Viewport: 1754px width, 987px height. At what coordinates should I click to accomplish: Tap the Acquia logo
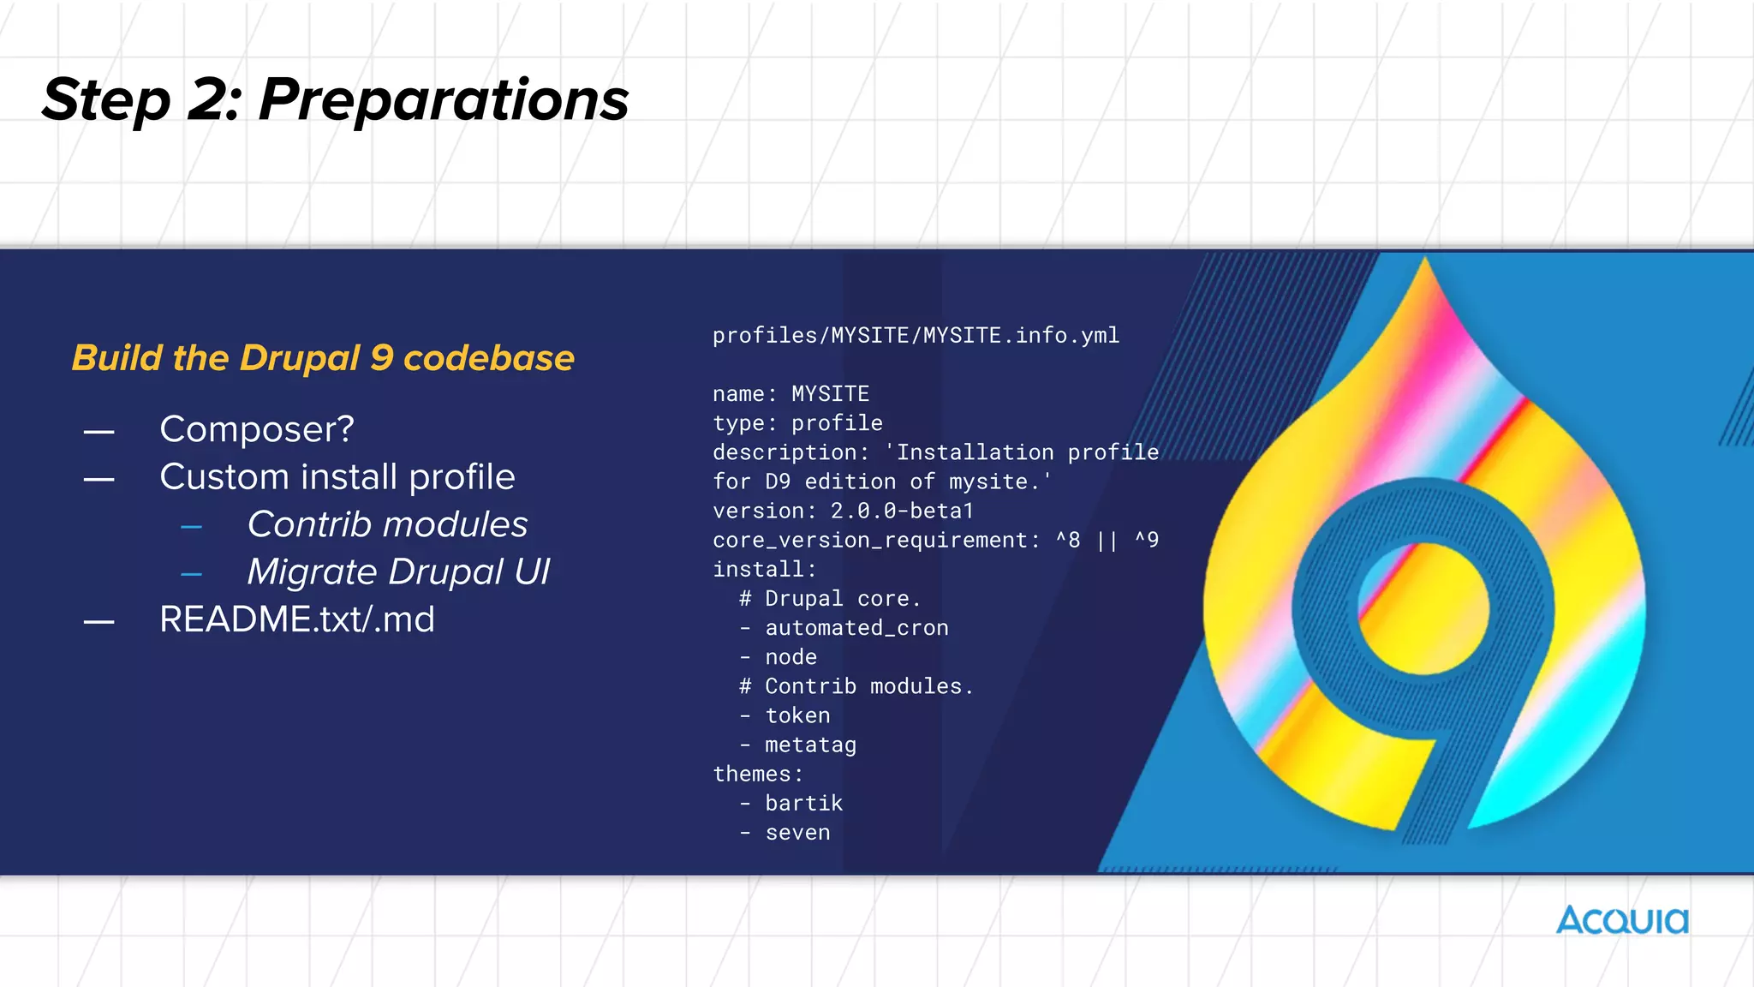[x=1622, y=921]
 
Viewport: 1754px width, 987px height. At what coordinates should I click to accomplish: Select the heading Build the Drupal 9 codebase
[x=323, y=358]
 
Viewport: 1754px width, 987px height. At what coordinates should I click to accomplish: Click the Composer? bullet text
[x=257, y=429]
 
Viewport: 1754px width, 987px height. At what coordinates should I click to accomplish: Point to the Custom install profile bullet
[x=337, y=477]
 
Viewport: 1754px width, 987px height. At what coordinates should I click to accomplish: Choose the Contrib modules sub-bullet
[x=387, y=524]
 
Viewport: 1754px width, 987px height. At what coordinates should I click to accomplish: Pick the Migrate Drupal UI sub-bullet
[x=398, y=572]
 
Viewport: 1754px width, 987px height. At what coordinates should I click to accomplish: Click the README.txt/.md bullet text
[x=297, y=619]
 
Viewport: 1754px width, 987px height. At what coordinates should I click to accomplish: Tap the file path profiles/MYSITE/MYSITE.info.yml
[x=916, y=336]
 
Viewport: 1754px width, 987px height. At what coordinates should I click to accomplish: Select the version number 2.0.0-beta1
[x=902, y=511]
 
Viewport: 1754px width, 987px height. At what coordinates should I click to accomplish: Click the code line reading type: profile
[x=797, y=423]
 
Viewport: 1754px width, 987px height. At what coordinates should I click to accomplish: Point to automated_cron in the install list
[x=856, y=628]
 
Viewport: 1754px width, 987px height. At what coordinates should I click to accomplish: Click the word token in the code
[x=797, y=715]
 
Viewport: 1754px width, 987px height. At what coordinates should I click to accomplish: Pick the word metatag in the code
[x=810, y=745]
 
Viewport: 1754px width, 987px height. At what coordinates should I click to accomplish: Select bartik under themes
[x=803, y=804]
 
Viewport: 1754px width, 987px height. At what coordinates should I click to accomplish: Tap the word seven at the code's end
[x=797, y=833]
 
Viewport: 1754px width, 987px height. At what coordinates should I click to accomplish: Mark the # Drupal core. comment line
[x=830, y=599]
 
